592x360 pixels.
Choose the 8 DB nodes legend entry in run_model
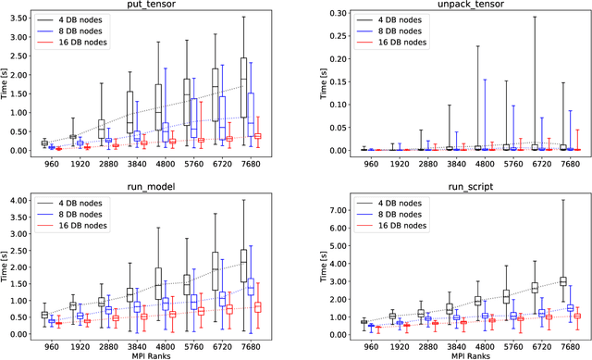tap(86, 215)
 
